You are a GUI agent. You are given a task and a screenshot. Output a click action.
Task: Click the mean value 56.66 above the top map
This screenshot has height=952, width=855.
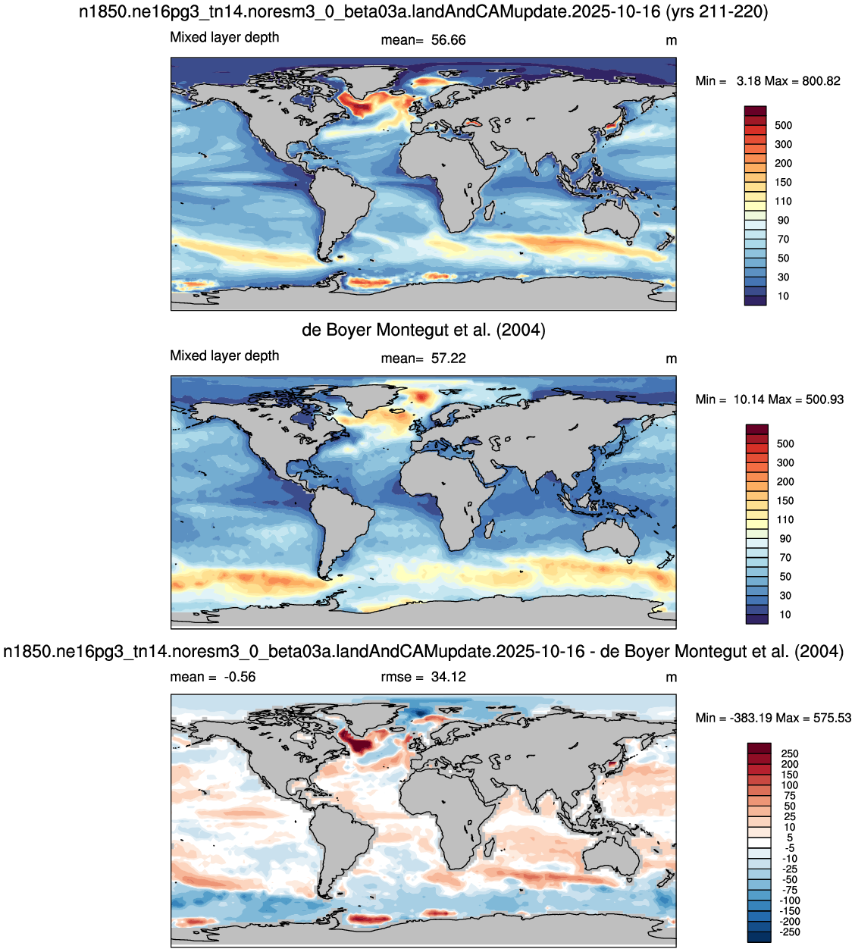[449, 40]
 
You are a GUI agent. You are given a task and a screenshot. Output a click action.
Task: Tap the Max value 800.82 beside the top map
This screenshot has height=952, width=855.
[821, 81]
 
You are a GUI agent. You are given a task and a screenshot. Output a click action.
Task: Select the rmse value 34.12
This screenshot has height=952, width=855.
[449, 677]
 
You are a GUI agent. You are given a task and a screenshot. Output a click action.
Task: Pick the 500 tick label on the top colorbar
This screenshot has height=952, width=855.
[784, 126]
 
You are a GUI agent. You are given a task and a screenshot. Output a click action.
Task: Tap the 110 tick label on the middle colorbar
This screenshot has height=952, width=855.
[785, 520]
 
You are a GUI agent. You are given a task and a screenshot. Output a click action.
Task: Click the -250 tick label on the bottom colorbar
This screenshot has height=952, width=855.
[789, 932]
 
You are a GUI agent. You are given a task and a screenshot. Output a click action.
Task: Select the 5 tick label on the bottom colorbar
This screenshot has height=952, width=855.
[790, 838]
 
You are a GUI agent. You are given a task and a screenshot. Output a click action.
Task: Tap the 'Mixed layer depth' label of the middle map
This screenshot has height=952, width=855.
[224, 355]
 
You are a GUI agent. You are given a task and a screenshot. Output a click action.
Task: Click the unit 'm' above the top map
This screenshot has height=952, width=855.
[672, 41]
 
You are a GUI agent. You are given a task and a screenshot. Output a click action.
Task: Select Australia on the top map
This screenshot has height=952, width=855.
[611, 220]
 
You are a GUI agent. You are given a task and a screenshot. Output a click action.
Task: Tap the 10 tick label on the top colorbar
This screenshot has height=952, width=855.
[783, 296]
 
